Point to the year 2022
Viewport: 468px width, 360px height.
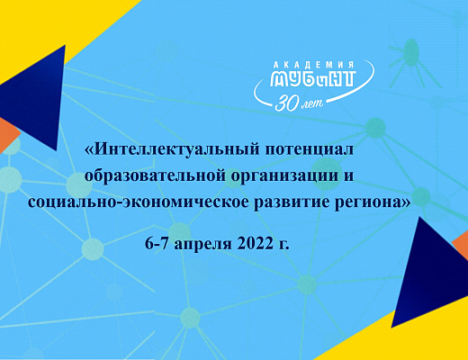point(254,243)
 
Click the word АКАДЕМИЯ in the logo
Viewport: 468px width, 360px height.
point(314,65)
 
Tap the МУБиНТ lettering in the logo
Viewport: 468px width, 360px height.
point(313,78)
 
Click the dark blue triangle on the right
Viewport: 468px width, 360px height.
point(432,279)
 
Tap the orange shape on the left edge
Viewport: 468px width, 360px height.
point(7,135)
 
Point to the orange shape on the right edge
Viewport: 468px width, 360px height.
point(461,245)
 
